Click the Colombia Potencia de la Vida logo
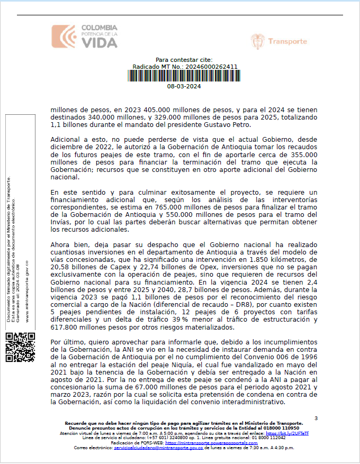84,36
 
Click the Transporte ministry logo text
287,42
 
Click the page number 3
316,418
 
